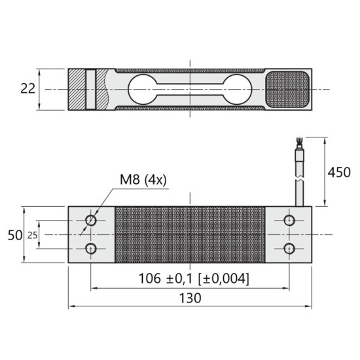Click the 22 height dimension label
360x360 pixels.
27,88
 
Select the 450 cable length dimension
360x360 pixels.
339,172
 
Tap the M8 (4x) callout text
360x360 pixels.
143,180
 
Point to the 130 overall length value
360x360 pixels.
190,298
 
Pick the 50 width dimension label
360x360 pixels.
15,235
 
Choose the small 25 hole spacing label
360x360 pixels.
32,236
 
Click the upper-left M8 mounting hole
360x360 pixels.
91,221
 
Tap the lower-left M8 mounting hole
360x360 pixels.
91,249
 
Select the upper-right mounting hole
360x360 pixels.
289,221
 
